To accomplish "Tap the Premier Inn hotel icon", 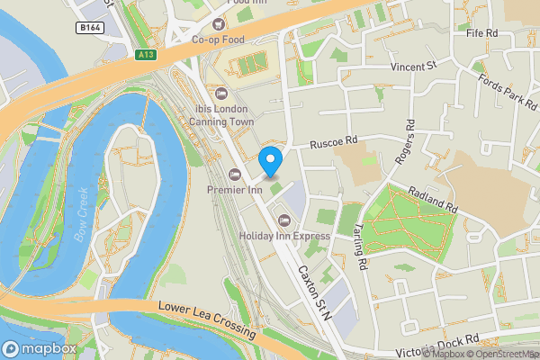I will pos(235,174).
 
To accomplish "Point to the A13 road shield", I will pos(147,55).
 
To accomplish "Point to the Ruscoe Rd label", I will pos(334,141).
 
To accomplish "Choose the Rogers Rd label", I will pos(405,142).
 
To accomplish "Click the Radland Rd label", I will pos(433,198).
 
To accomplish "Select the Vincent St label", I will pos(412,67).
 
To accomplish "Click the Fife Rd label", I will pos(481,33).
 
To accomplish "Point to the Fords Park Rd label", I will pos(509,91).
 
